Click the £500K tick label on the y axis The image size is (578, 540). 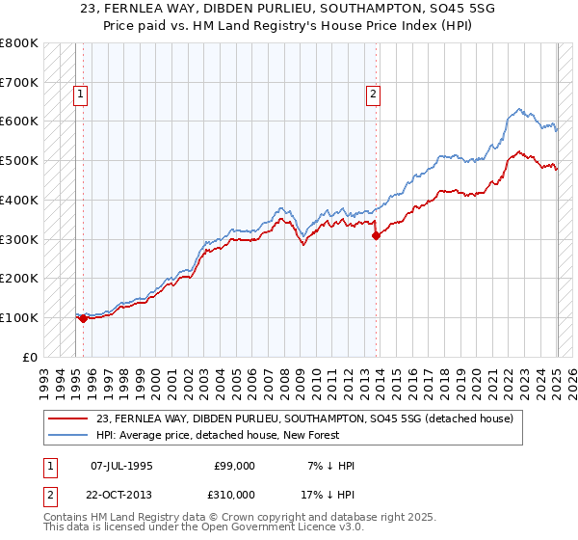click(x=19, y=161)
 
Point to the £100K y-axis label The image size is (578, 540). click(x=19, y=317)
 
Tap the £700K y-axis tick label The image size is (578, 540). click(x=19, y=83)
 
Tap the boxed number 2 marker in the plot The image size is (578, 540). click(x=372, y=94)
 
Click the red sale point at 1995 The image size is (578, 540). click(x=83, y=318)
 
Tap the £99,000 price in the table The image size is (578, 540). click(x=235, y=466)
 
